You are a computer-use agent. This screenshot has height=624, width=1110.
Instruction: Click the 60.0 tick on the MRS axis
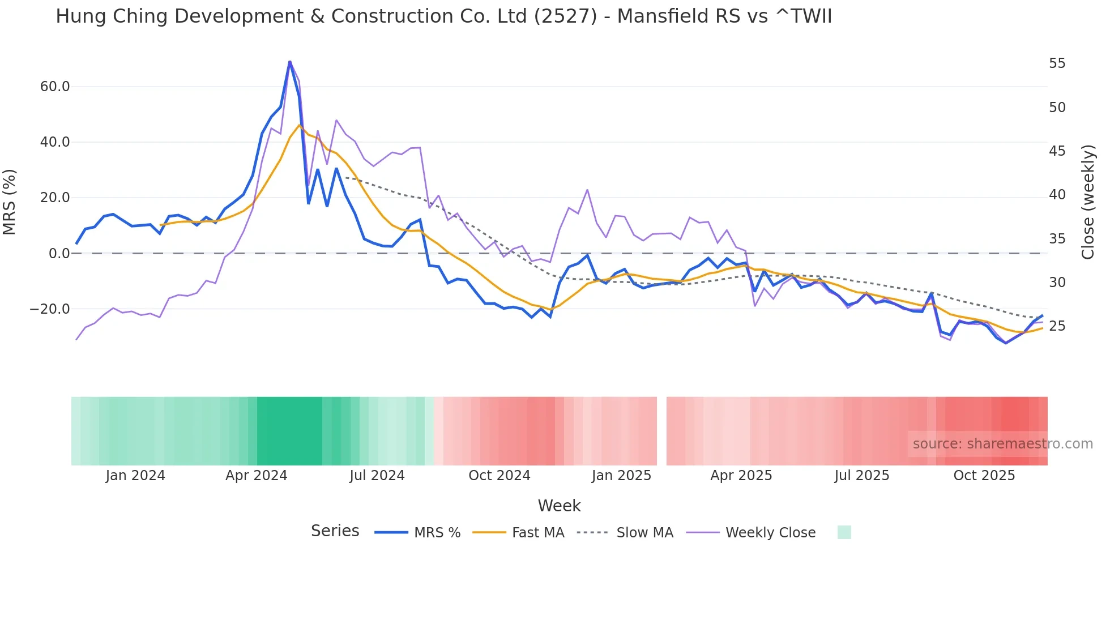tap(55, 87)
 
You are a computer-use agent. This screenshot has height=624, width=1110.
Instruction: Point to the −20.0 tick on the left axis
tap(50, 309)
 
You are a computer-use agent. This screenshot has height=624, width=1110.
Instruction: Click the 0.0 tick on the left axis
tap(59, 254)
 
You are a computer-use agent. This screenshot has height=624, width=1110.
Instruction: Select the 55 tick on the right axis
tap(1057, 63)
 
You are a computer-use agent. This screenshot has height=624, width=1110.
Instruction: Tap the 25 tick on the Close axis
tap(1057, 326)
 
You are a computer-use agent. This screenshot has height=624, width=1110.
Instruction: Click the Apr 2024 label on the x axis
tap(256, 476)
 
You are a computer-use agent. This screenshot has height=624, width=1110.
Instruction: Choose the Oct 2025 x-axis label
tap(984, 476)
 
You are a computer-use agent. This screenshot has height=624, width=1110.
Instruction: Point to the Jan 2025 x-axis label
tap(621, 476)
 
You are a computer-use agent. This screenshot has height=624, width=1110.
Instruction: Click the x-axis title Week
tap(559, 506)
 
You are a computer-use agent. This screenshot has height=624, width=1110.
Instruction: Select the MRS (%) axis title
tap(10, 202)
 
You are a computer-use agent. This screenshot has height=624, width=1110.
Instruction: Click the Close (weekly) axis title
tap(1087, 202)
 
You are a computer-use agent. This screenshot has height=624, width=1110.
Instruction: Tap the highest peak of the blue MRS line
tap(289, 61)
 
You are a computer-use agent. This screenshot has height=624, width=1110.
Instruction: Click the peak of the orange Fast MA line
tap(300, 125)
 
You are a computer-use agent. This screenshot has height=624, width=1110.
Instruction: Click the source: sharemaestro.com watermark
tap(1002, 444)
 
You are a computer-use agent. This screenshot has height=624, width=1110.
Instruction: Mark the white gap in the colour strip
tap(661, 431)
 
